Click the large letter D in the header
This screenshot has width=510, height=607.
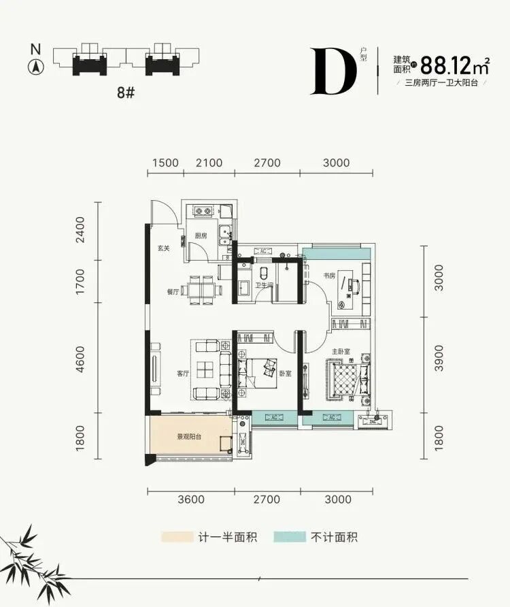[333, 71]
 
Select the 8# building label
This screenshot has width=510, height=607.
[126, 93]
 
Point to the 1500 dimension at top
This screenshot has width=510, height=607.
[165, 163]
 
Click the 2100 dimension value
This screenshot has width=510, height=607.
[209, 163]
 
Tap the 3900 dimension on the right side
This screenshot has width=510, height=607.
[438, 357]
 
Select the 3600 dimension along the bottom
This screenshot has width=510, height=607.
[190, 499]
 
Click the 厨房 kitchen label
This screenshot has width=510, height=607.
[200, 235]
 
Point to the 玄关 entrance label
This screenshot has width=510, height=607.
[163, 248]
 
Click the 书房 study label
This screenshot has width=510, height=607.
[330, 276]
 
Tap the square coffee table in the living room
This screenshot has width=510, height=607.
[206, 370]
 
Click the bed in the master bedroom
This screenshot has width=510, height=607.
[347, 377]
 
